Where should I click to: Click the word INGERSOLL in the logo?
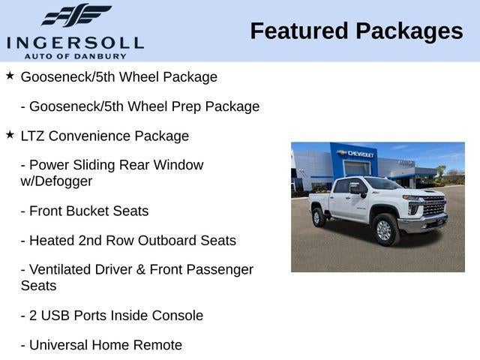75,42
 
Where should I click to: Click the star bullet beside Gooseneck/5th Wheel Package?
10,76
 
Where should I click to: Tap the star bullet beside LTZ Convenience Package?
10,135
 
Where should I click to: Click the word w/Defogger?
57,181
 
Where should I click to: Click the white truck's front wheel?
385,229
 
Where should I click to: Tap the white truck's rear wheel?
318,217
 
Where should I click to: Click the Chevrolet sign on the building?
356,154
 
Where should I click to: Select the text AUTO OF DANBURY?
74,56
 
